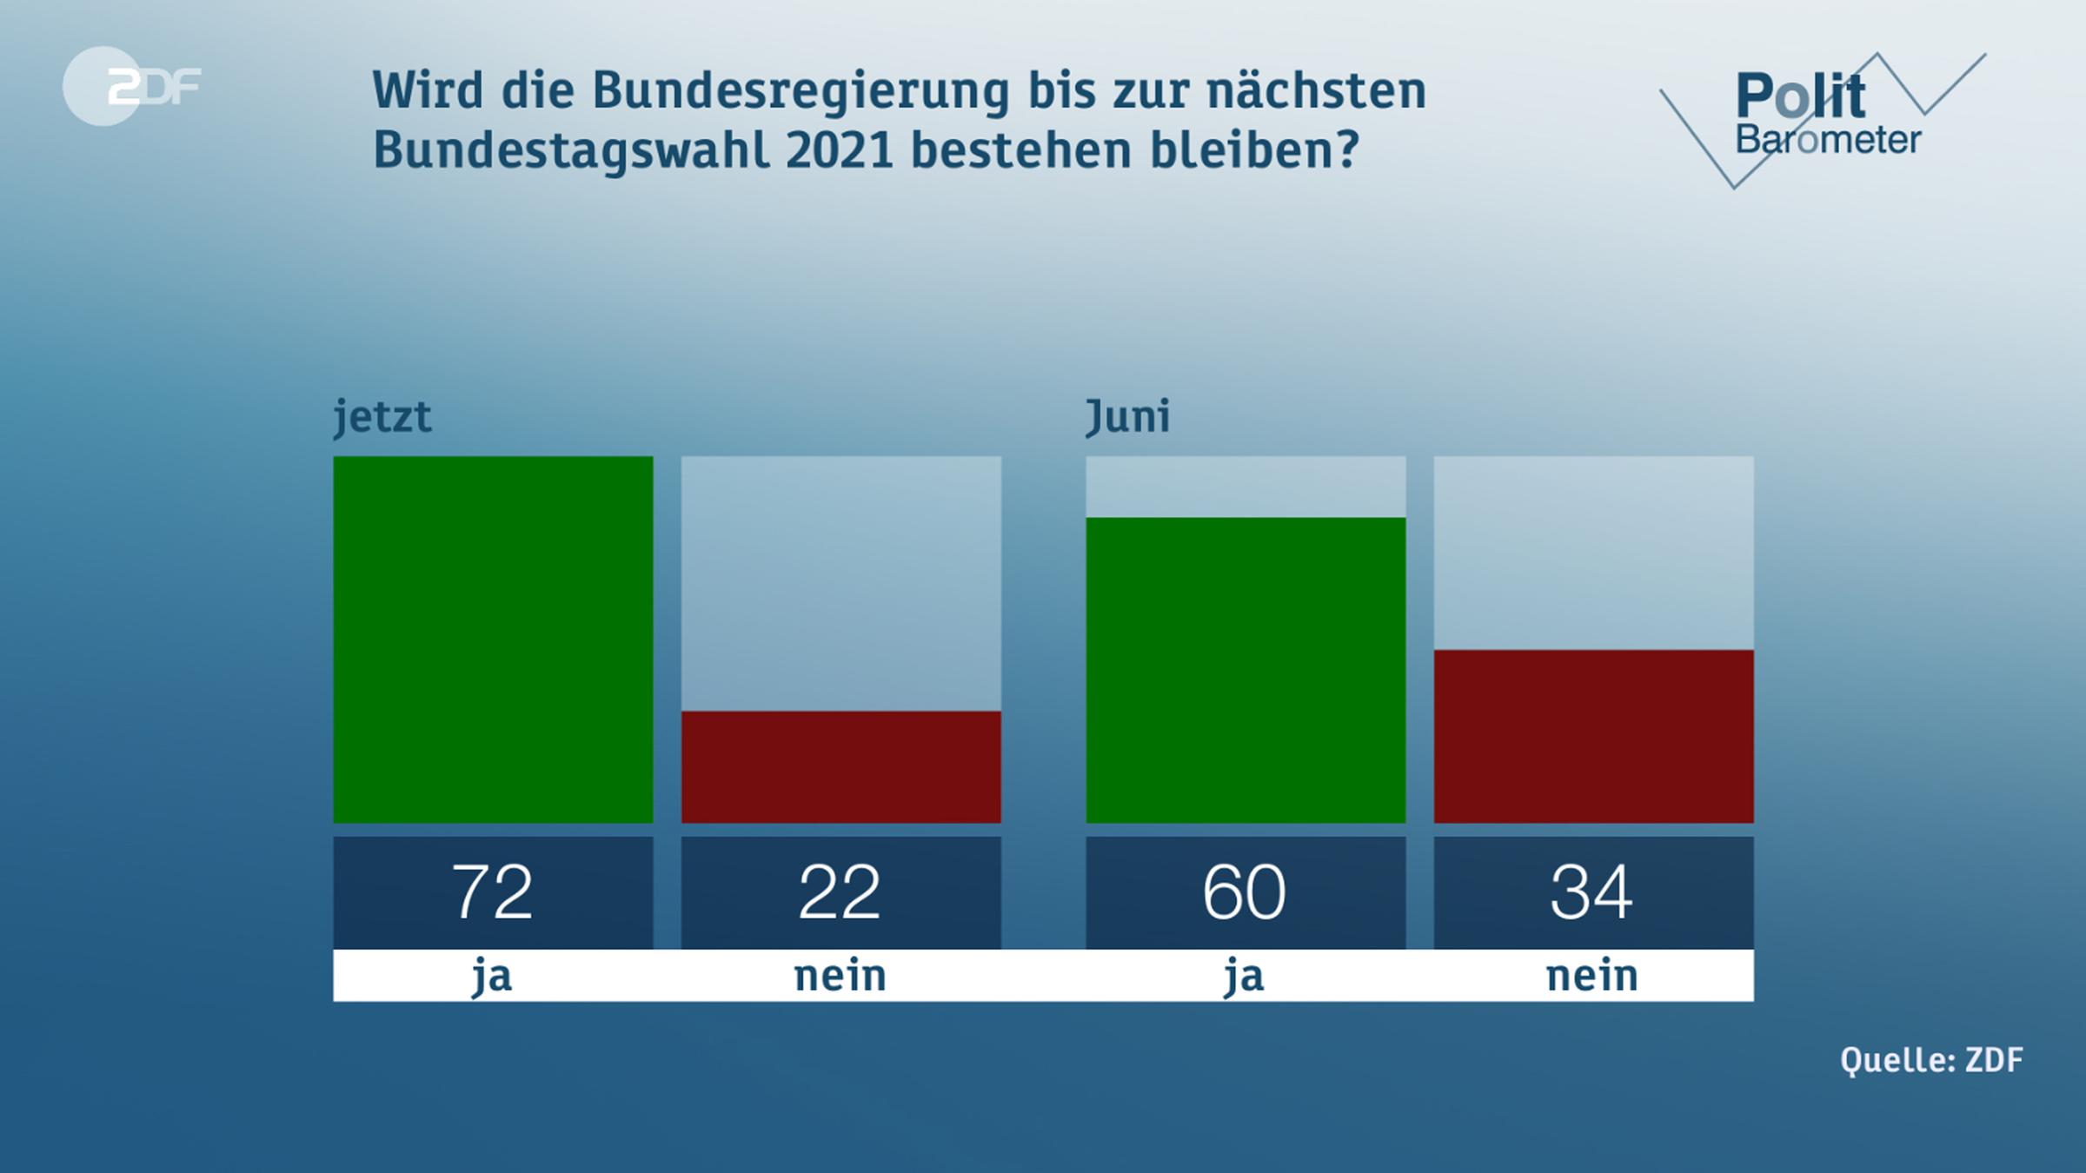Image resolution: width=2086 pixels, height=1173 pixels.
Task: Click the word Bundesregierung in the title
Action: tap(800, 90)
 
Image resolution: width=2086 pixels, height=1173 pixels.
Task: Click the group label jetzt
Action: tap(382, 417)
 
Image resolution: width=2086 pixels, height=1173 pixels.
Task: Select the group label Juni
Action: tap(1127, 416)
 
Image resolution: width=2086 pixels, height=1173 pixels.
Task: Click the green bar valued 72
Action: tap(493, 640)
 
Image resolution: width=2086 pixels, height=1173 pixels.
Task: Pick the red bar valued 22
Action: tap(840, 766)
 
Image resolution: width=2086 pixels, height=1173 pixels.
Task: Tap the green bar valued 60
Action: tap(1245, 670)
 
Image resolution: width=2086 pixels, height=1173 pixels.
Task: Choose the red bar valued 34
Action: tap(1592, 736)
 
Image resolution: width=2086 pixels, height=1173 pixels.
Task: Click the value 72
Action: tap(492, 892)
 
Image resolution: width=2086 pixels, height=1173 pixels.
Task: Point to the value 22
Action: tap(840, 892)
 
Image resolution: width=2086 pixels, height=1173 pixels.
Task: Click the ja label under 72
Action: tap(492, 976)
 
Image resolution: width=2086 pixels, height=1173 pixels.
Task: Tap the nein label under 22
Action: tap(840, 976)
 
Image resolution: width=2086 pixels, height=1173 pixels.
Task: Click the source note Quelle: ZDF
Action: tap(1931, 1060)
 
